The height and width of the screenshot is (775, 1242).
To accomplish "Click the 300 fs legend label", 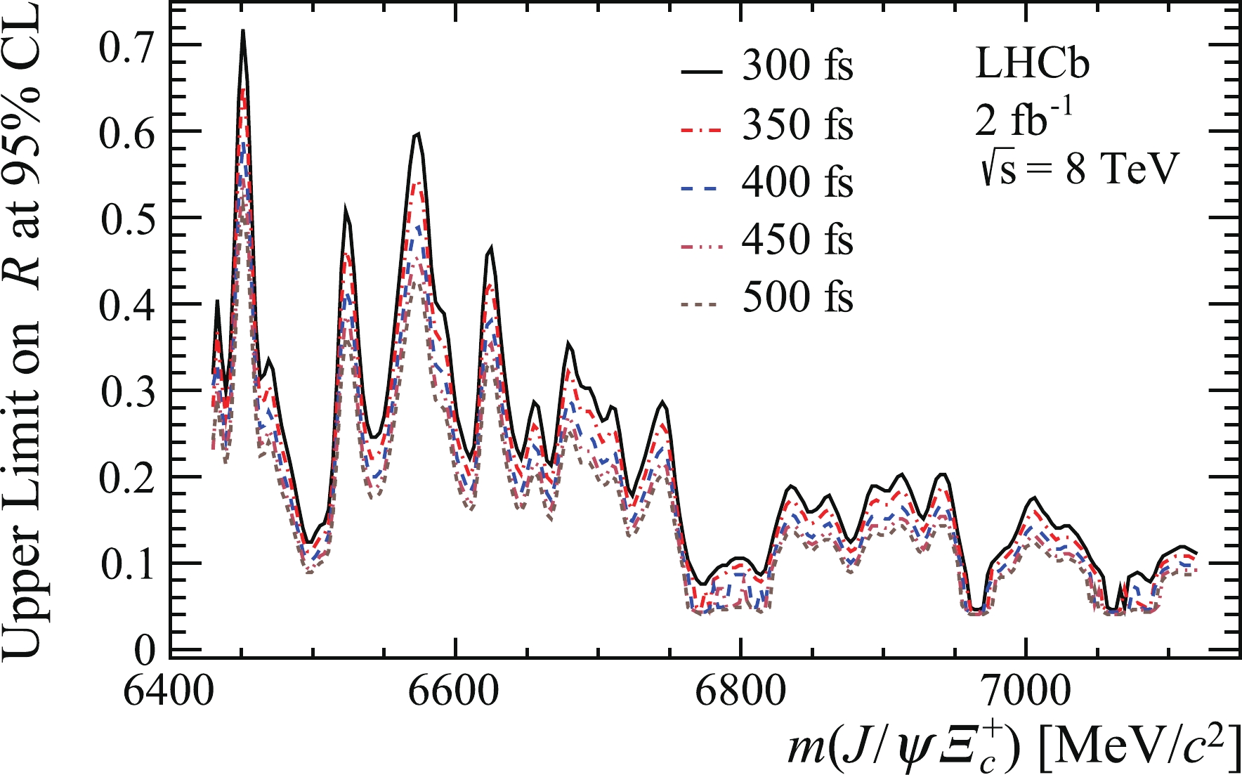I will pyautogui.click(x=797, y=67).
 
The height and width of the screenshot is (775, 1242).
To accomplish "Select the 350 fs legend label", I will pyautogui.click(x=797, y=126).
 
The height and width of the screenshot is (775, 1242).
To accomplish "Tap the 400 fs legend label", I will pyautogui.click(x=797, y=183).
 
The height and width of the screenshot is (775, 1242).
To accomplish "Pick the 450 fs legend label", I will pyautogui.click(x=797, y=241).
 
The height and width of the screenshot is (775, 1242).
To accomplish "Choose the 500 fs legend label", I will pyautogui.click(x=797, y=298).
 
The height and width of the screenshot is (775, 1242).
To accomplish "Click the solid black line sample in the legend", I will pyautogui.click(x=701, y=71).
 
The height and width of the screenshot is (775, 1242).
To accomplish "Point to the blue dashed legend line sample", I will pyautogui.click(x=701, y=188).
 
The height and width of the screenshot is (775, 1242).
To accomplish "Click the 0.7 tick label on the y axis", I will pyautogui.click(x=127, y=46).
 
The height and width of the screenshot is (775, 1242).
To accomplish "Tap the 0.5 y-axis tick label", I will pyautogui.click(x=127, y=219).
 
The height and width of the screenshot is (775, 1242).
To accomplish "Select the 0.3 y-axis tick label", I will pyautogui.click(x=127, y=392).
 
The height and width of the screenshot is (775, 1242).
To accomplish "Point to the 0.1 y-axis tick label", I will pyautogui.click(x=127, y=565).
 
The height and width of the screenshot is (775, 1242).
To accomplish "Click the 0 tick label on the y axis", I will pyautogui.click(x=145, y=651).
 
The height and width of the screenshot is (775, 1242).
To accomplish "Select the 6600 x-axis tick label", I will pyautogui.click(x=455, y=692).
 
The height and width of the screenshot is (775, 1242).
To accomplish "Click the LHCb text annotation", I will pyautogui.click(x=1033, y=65).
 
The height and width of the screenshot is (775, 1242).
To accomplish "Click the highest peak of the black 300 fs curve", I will pyautogui.click(x=243, y=31).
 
